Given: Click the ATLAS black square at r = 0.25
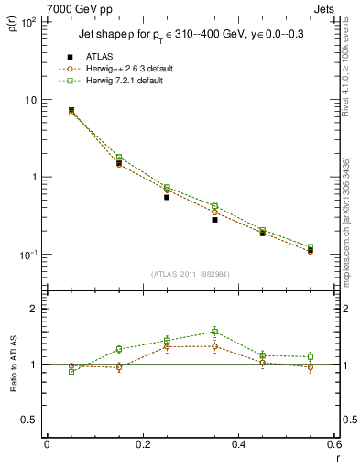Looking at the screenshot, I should point(167,197).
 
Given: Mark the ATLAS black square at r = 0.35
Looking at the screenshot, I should point(214,220).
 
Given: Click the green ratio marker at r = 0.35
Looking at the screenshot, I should point(214,332).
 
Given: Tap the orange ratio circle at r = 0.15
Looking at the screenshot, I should point(119,367).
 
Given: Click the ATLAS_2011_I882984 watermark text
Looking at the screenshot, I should point(190,273).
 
